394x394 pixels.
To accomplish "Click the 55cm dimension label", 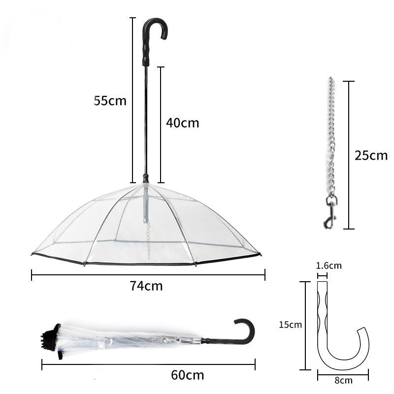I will [110, 101].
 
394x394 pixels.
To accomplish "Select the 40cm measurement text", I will [182, 123].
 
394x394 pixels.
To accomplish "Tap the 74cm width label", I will [146, 286].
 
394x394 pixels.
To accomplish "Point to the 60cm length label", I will [187, 375].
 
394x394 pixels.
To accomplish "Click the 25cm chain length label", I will [371, 156].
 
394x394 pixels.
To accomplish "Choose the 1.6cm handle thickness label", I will [328, 266].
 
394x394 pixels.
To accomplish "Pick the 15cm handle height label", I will [290, 325].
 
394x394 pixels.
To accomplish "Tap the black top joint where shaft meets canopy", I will [145, 178].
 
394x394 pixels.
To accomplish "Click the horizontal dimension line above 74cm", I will [148, 274].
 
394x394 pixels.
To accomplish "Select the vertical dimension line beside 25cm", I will [349, 155].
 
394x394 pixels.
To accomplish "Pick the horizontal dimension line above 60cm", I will [148, 365].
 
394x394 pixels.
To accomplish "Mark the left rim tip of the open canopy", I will [33, 254].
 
